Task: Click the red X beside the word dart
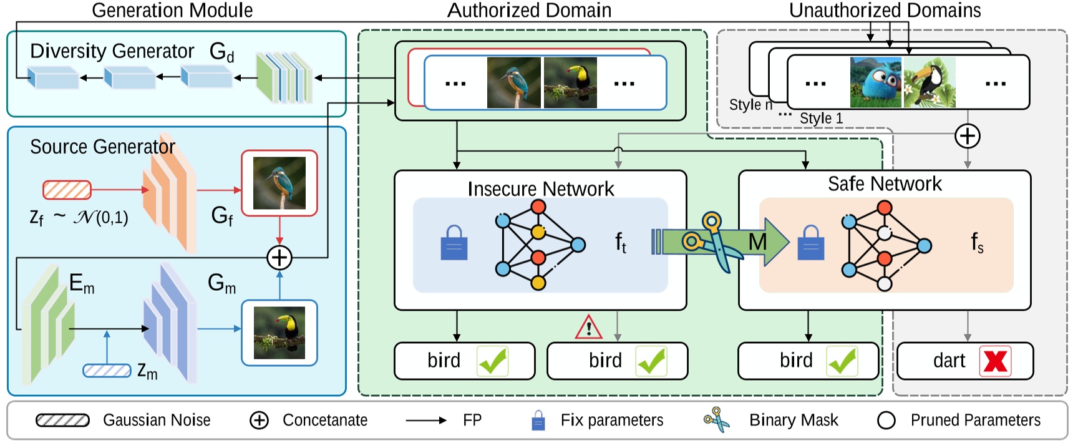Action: (995, 361)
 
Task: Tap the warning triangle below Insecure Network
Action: (588, 327)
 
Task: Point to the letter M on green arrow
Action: (757, 241)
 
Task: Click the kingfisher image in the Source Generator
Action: (279, 183)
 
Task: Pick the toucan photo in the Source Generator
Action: (279, 333)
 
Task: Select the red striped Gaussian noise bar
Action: (67, 190)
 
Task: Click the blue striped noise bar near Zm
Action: (107, 371)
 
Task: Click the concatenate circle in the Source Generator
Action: (279, 257)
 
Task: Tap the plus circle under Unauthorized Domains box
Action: (967, 136)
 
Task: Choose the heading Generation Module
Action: (172, 10)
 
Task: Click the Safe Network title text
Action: (884, 183)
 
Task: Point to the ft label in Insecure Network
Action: (621, 242)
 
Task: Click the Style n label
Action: (750, 104)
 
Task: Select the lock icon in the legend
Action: (538, 421)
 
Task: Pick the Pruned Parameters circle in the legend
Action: (886, 421)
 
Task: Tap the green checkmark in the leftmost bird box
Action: (493, 361)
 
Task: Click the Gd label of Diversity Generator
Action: (221, 52)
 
